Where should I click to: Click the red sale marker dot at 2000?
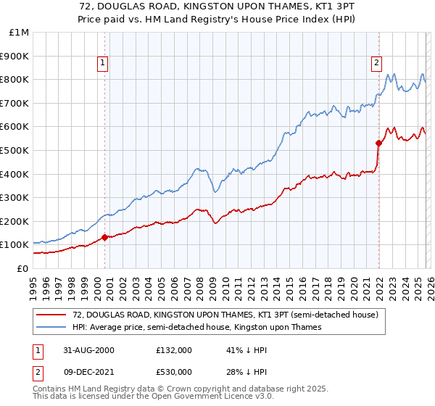(104, 237)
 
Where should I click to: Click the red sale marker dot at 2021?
(378, 143)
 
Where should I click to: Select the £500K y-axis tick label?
(16, 150)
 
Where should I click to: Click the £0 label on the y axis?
(22, 268)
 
